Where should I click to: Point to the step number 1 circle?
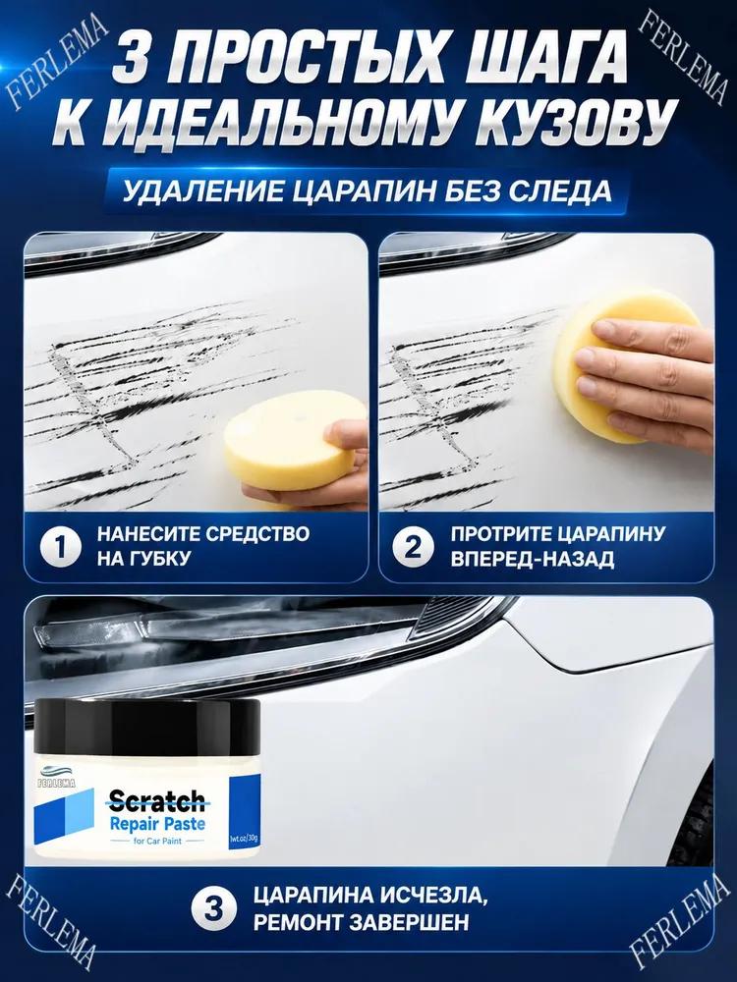pyautogui.click(x=60, y=547)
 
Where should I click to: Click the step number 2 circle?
pyautogui.click(x=413, y=547)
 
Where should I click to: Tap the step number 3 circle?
pyautogui.click(x=213, y=908)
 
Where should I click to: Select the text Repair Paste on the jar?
pyautogui.click(x=157, y=824)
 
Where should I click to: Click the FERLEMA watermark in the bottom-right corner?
pyautogui.click(x=680, y=918)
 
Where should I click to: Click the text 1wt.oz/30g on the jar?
pyautogui.click(x=245, y=837)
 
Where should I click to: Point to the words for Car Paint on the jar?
pyautogui.click(x=157, y=842)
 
